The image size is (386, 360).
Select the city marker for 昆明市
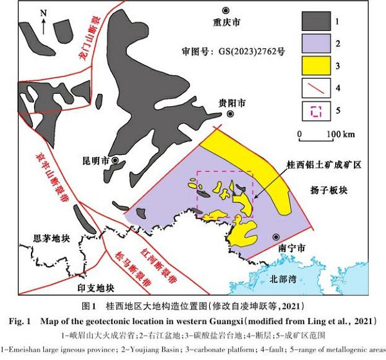point(115,160)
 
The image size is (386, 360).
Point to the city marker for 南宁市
point(277,236)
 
